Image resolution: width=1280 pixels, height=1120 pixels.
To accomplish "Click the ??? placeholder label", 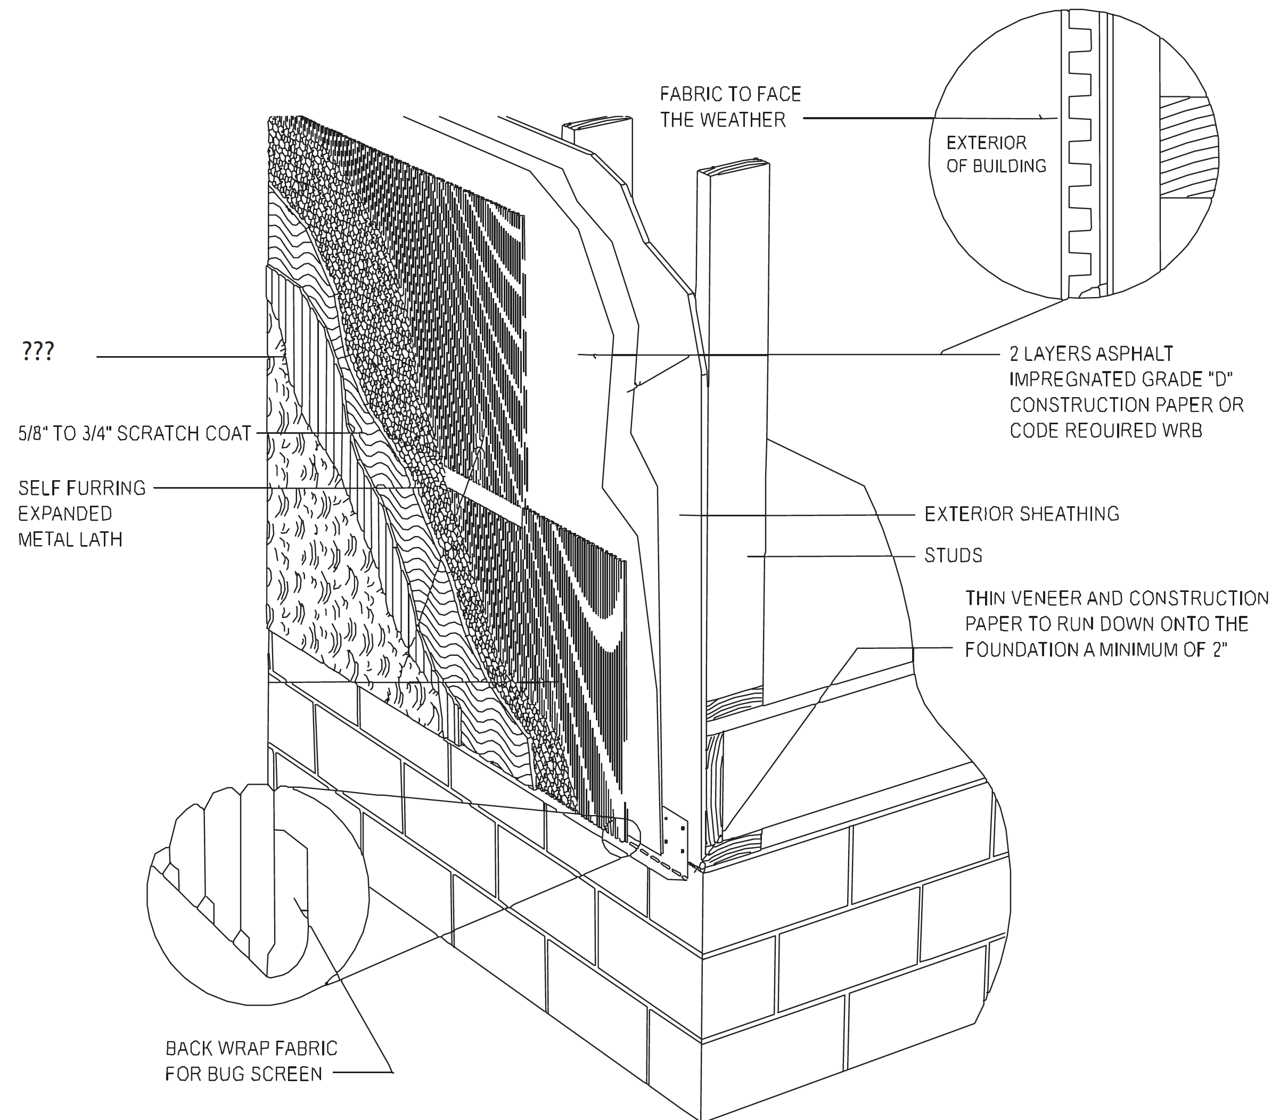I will pyautogui.click(x=38, y=351).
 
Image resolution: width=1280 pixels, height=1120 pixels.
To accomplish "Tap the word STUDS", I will pyautogui.click(x=953, y=555).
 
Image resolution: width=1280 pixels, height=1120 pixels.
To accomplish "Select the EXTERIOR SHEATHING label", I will pyautogui.click(x=1022, y=514).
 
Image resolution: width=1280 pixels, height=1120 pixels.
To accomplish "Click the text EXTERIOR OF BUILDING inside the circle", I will pyautogui.click(x=995, y=154).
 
